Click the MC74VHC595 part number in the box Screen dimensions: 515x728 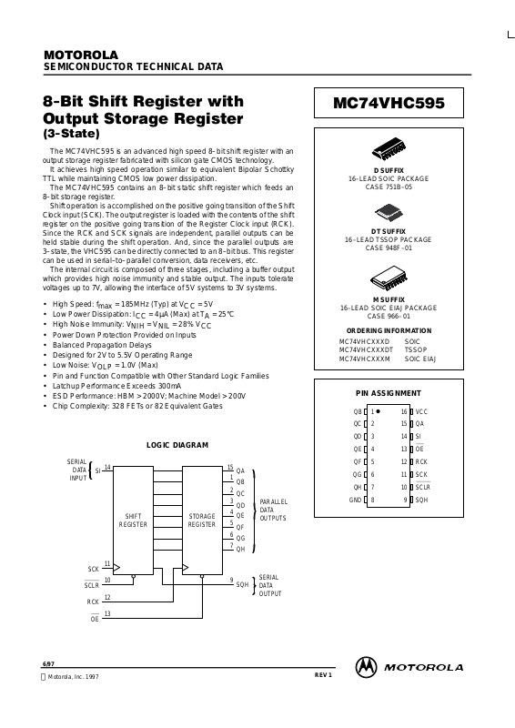(389, 103)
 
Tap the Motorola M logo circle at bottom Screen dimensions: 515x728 (366, 667)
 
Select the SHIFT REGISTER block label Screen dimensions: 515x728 (133, 520)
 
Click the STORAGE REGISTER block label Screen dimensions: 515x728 (202, 520)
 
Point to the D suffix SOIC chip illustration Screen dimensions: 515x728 (389, 148)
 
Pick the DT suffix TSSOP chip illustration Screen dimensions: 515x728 (389, 213)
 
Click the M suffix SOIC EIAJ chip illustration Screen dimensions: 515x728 (389, 278)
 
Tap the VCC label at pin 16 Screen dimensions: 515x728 (421, 412)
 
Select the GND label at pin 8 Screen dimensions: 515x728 (355, 500)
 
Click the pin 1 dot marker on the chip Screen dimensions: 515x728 (378, 411)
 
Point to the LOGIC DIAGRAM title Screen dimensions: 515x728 (177, 445)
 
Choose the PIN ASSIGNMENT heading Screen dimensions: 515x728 (389, 393)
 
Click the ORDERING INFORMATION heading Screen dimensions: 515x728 (389, 330)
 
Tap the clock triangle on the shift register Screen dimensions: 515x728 (116, 567)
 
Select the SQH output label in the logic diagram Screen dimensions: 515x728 (242, 584)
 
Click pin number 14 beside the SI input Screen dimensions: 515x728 (107, 467)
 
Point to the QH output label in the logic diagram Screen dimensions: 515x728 (240, 550)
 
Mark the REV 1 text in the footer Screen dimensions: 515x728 (323, 674)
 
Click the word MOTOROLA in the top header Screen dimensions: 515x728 (81, 55)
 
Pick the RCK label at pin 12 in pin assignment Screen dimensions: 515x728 (421, 462)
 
